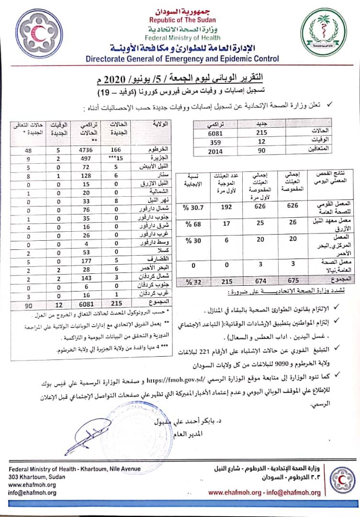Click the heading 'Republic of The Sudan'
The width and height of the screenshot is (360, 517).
182,20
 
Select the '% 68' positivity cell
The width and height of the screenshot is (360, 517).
188,224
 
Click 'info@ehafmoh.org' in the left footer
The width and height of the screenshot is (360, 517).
32,493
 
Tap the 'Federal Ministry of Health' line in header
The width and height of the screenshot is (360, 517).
182,37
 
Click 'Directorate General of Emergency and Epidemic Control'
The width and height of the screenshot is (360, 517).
182,59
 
